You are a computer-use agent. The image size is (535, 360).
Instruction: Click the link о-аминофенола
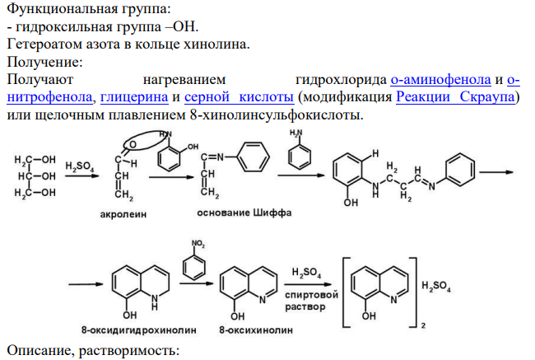point(440,80)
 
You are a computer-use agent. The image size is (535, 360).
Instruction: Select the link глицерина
point(134,97)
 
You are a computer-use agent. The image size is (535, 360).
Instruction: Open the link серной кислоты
point(239,97)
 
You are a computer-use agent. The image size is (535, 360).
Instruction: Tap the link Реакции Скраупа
point(455,97)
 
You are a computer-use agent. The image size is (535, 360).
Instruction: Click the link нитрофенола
point(49,97)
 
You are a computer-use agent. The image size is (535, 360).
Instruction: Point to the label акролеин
point(123,214)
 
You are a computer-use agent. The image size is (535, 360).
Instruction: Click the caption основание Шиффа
point(244,213)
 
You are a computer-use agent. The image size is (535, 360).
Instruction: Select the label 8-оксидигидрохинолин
point(138,330)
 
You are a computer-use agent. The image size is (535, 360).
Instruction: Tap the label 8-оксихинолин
point(256,330)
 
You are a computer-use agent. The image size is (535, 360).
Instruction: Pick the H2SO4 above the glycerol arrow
point(80,166)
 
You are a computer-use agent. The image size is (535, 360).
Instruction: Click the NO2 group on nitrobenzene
point(198,244)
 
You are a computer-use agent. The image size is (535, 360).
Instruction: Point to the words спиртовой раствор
point(311,301)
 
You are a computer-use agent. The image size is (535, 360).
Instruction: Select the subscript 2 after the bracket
point(423,325)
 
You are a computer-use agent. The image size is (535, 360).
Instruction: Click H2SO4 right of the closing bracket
point(436,286)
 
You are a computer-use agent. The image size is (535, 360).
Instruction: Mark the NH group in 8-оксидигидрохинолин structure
point(155,302)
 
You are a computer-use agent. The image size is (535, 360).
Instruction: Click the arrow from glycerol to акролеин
point(81,176)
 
